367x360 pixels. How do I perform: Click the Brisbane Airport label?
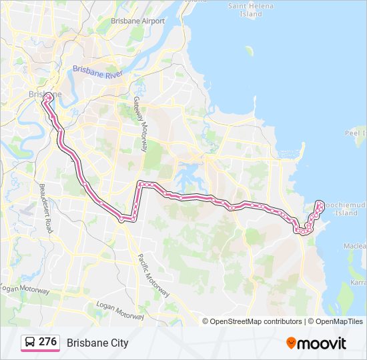[138, 21]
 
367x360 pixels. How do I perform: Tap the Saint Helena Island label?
[251, 10]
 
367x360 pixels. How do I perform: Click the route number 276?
[47, 342]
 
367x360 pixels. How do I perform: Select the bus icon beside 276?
[30, 343]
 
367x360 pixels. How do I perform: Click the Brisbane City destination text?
[97, 343]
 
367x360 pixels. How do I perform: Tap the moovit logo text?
[322, 343]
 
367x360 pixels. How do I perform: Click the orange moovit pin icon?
[291, 343]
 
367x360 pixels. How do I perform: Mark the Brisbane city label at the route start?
[44, 94]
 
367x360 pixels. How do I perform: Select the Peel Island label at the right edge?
[355, 133]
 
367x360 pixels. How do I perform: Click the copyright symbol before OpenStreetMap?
[206, 321]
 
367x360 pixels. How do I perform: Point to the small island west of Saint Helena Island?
[249, 51]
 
